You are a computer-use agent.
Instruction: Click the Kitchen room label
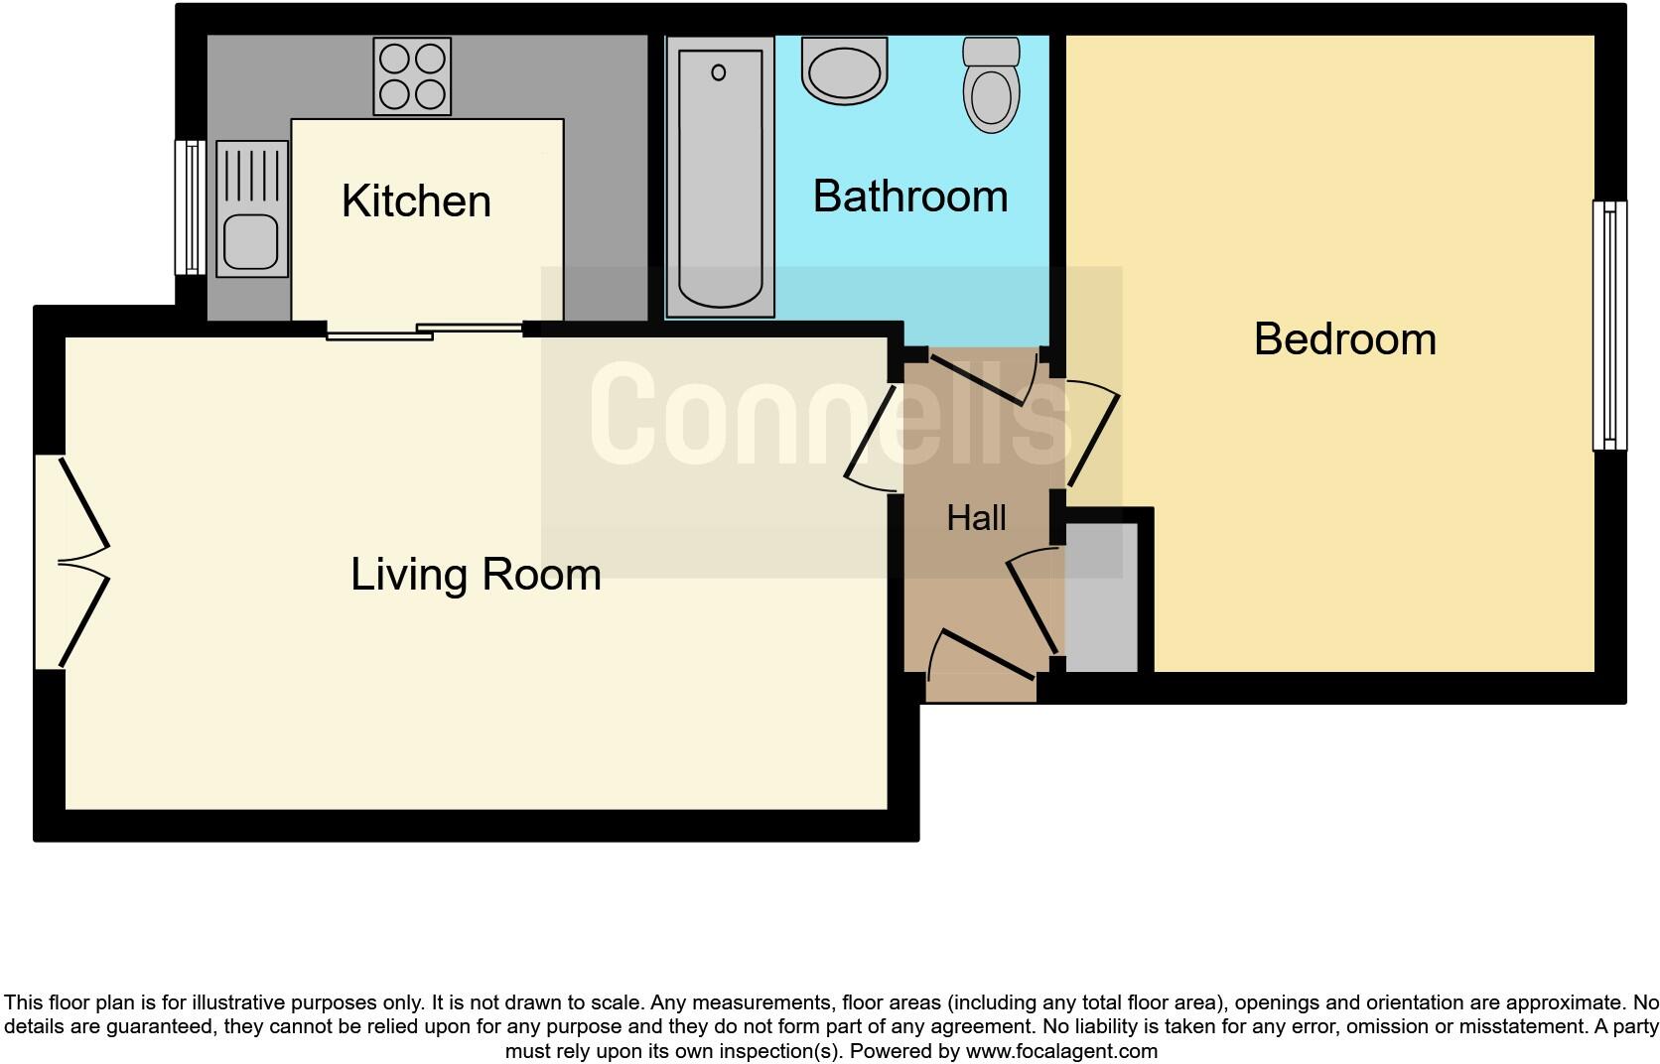[x=416, y=201]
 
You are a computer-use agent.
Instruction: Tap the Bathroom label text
[x=909, y=197]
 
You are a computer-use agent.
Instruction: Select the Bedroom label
[x=1344, y=339]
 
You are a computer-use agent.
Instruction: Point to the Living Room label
[x=476, y=575]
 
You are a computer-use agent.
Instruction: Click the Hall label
[x=976, y=518]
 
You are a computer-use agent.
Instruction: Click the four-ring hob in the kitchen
[x=412, y=76]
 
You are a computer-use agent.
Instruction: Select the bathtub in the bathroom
[x=720, y=177]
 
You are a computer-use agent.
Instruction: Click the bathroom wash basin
[x=845, y=69]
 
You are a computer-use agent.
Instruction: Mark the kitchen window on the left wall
[x=190, y=207]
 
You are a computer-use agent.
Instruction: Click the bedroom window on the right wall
[x=1609, y=325]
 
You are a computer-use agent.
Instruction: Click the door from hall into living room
[x=872, y=437]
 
